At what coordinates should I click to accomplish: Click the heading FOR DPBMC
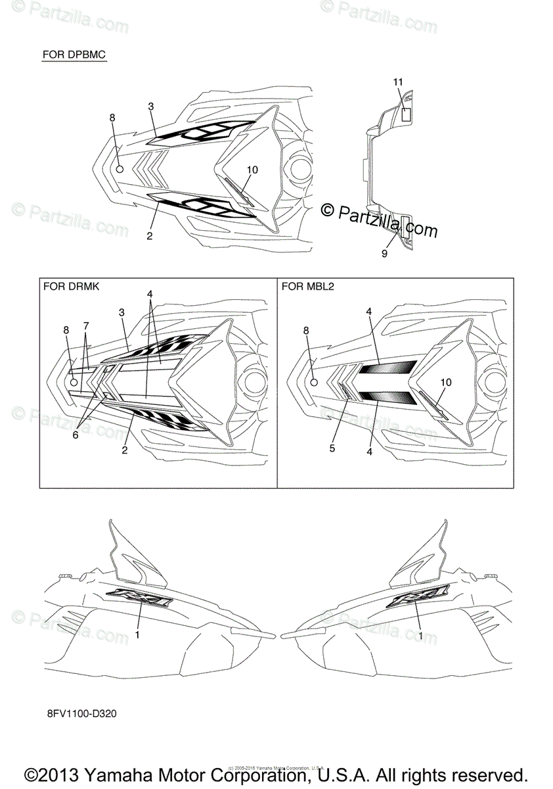74,53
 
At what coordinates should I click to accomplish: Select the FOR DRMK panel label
71,286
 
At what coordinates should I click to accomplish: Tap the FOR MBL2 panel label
307,286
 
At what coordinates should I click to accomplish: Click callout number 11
398,82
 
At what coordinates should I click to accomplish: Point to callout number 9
384,254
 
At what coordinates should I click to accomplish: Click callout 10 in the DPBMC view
252,170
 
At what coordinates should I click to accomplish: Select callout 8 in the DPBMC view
112,117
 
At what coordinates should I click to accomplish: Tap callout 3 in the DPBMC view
151,106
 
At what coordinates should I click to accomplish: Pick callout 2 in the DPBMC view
150,236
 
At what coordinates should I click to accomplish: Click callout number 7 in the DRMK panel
85,325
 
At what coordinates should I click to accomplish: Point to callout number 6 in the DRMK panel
75,435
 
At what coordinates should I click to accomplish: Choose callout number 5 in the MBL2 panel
332,448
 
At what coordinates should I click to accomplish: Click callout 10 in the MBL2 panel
447,382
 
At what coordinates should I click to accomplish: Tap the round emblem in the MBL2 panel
314,382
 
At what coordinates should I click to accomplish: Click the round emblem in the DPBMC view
120,169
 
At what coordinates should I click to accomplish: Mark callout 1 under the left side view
137,634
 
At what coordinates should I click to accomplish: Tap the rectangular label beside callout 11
406,113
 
